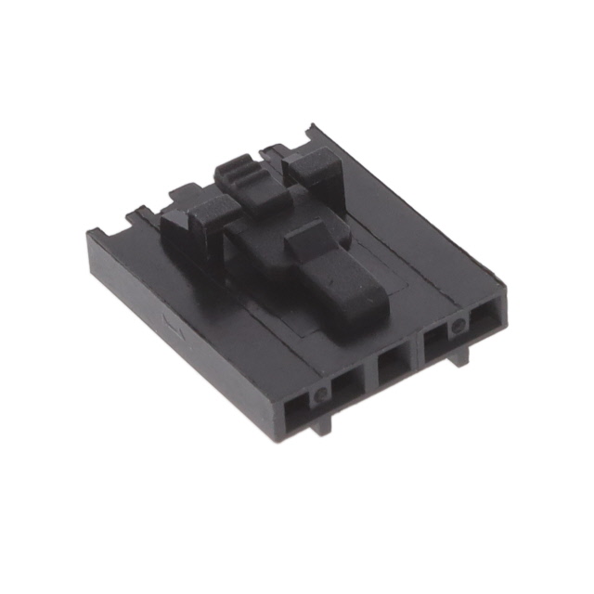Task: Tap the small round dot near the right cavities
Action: [457, 327]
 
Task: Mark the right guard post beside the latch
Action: [311, 167]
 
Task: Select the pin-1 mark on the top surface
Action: [169, 325]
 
